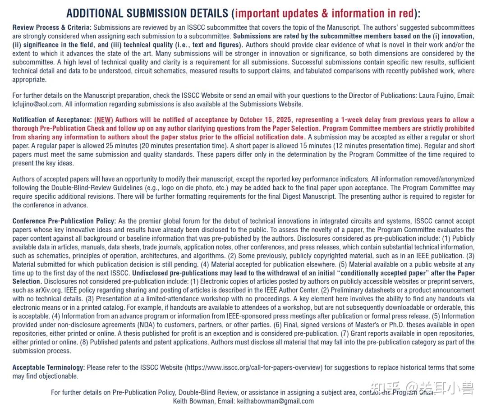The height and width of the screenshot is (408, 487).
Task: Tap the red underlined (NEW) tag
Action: tap(104, 120)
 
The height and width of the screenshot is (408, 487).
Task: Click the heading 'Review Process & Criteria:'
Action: tap(52, 28)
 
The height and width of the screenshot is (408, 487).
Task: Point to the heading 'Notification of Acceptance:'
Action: tap(52, 120)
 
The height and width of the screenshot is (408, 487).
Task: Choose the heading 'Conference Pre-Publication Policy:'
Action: tap(64, 221)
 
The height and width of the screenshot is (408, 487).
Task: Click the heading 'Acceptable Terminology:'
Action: tap(48, 367)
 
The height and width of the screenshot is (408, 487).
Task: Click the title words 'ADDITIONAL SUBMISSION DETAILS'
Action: tap(147, 14)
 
